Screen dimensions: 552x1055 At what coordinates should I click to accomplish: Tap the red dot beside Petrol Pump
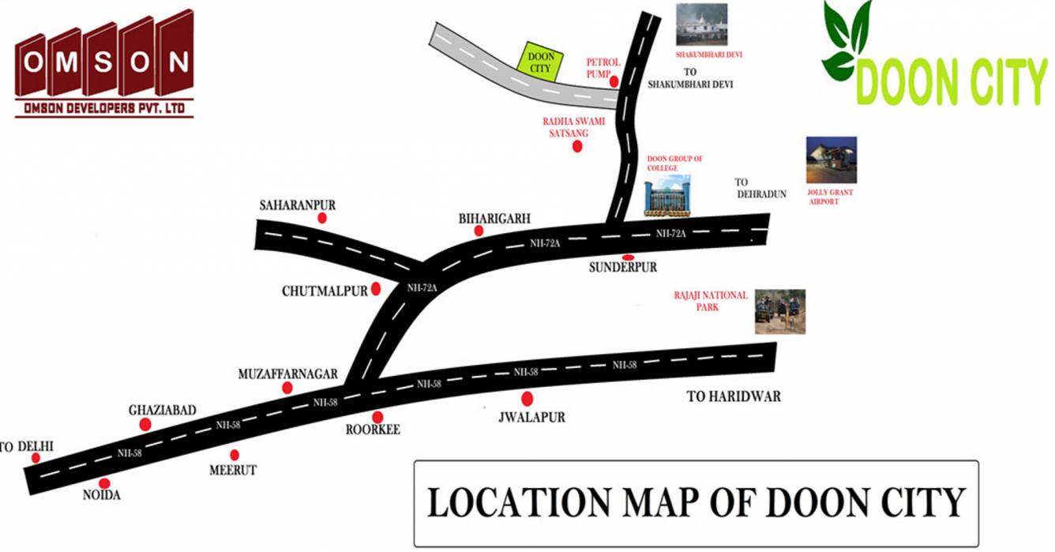(614, 81)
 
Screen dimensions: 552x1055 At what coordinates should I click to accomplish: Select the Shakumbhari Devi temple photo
(700, 24)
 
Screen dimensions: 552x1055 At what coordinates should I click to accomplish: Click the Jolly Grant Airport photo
(831, 160)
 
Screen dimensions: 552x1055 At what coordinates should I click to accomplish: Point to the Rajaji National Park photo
(779, 311)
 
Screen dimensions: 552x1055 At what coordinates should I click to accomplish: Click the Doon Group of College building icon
(666, 196)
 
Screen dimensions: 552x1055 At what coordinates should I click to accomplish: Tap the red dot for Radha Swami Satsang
(577, 146)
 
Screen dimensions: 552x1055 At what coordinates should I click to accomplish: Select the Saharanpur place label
(298, 205)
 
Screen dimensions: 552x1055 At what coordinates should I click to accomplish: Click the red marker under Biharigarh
(479, 231)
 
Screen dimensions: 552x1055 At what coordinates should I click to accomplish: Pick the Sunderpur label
(623, 268)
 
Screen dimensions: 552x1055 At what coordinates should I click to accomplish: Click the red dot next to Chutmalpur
(376, 289)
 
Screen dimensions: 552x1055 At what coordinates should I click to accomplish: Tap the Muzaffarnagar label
(287, 374)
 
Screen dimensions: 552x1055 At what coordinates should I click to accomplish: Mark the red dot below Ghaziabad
(145, 425)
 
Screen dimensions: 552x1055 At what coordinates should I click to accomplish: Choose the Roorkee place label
(373, 430)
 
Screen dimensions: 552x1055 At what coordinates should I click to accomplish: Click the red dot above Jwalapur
(527, 400)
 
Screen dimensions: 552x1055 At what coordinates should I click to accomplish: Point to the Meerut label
(233, 470)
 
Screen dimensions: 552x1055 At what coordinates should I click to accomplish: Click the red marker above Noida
(104, 483)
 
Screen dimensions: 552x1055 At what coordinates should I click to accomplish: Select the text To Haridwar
(734, 396)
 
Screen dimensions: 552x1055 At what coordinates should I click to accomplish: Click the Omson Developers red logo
(104, 63)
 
